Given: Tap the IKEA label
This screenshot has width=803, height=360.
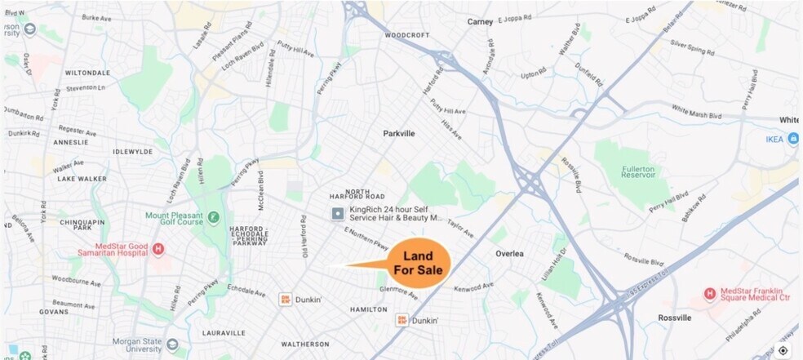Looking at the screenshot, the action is [774, 140].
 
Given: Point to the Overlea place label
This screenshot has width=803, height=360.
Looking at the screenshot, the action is [515, 254].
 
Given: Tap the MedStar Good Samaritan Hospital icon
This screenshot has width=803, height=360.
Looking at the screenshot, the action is [158, 249].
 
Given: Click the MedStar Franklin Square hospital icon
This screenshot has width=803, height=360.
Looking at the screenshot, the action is [710, 294].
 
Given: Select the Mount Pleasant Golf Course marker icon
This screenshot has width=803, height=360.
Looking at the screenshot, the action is [213, 217].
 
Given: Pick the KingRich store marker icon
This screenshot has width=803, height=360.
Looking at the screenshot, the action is [337, 214].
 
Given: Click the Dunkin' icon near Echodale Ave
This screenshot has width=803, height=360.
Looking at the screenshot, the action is [286, 300].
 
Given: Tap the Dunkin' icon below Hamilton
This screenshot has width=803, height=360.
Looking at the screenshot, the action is [401, 319].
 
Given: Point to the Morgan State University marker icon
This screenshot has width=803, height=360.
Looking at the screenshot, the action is [172, 344].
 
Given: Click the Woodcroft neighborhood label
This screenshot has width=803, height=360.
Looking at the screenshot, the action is [406, 36].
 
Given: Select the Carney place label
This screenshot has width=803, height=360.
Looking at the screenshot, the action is [481, 22].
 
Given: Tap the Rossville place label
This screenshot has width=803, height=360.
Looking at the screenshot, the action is [675, 318].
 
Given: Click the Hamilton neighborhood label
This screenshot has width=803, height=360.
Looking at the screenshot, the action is [367, 310].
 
